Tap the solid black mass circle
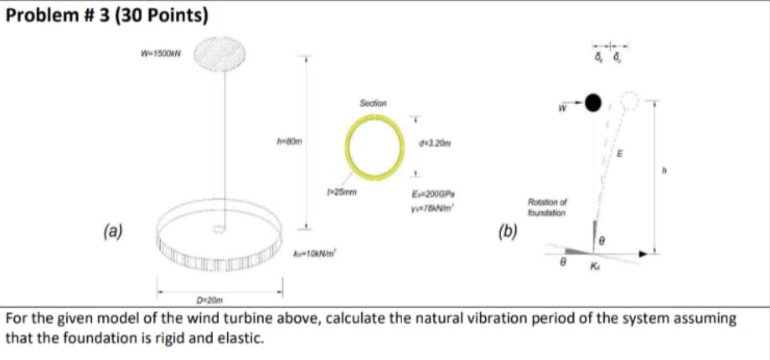coord(593,103)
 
